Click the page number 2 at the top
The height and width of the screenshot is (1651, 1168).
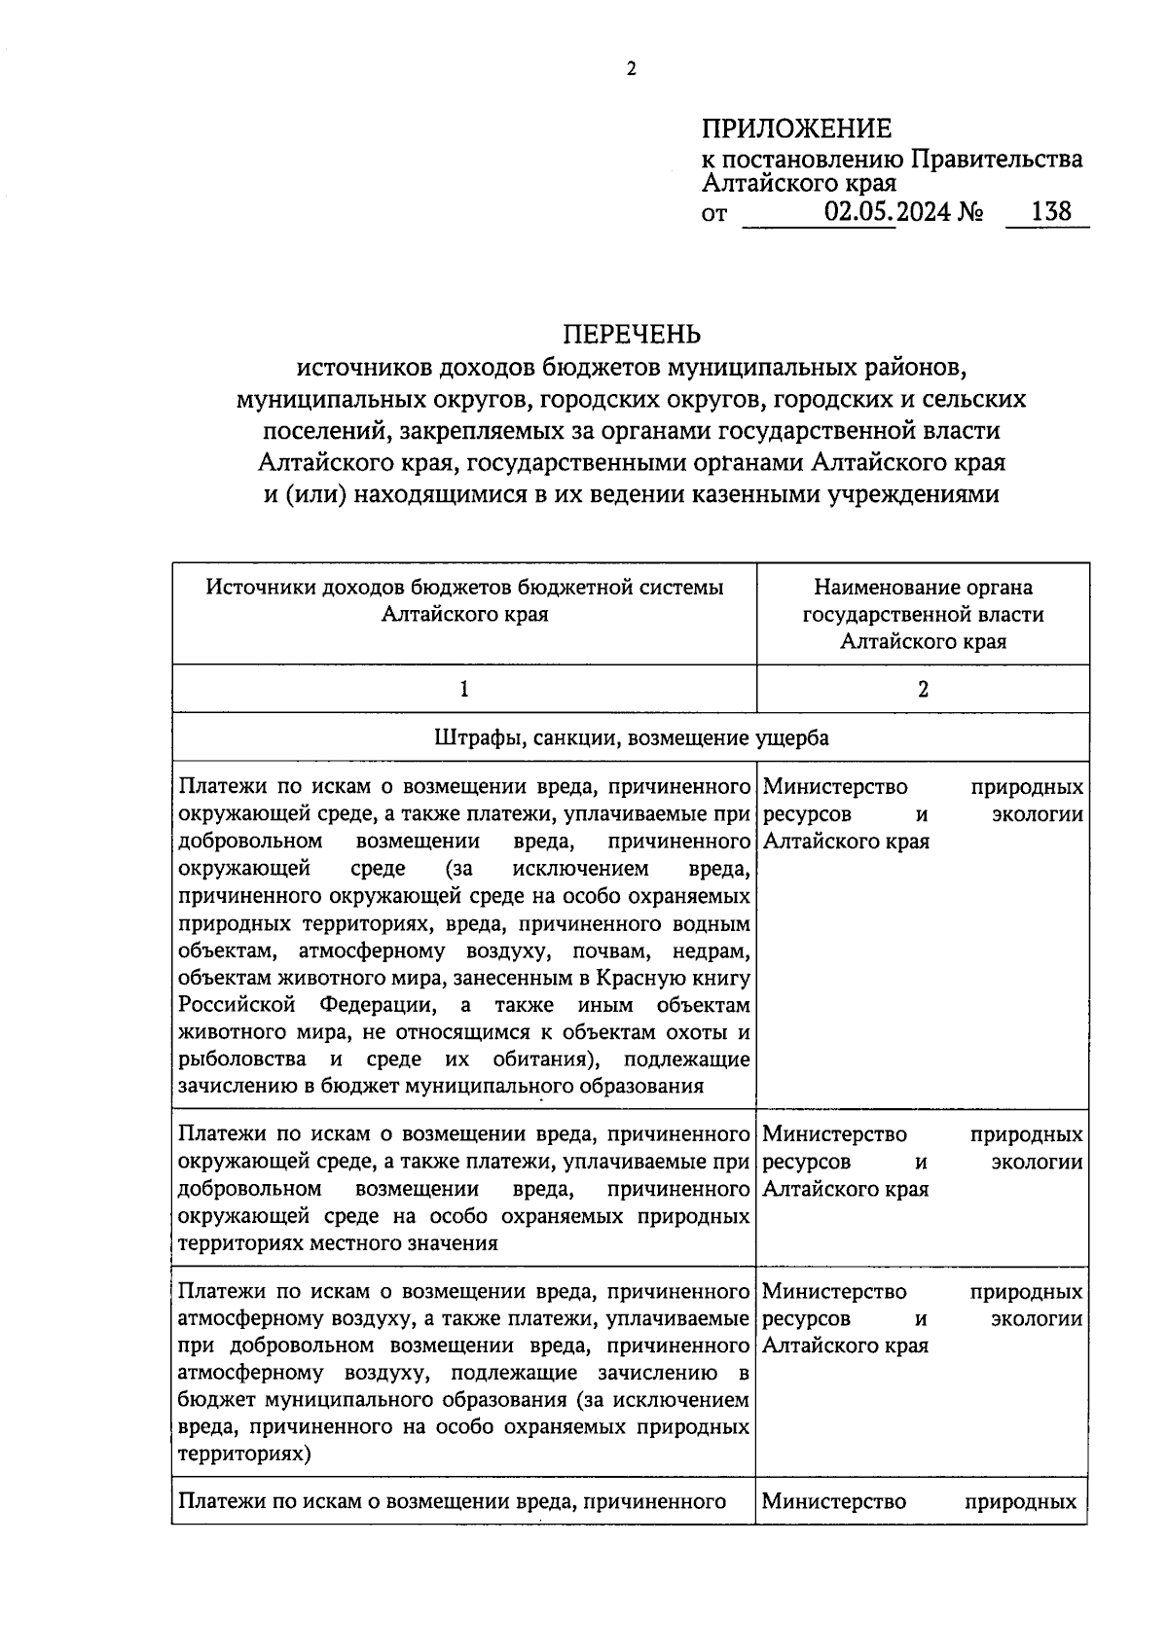click(631, 69)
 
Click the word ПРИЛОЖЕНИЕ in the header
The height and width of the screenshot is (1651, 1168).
click(796, 128)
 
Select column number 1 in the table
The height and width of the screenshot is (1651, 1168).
click(464, 689)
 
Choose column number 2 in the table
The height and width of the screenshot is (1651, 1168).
click(923, 689)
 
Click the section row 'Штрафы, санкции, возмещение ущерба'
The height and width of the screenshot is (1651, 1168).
click(631, 737)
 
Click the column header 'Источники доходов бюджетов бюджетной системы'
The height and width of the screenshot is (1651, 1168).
click(464, 588)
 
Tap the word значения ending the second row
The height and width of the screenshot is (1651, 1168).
click(454, 1243)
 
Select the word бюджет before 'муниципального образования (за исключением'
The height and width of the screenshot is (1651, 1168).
click(207, 1400)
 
